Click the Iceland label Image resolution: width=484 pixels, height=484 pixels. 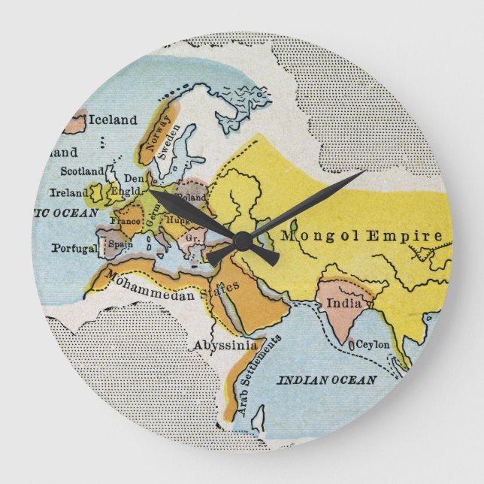[x=113, y=119]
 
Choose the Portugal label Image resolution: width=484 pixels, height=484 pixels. [x=74, y=248]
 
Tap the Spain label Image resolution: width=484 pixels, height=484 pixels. [x=121, y=244]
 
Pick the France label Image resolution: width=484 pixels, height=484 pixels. [x=126, y=222]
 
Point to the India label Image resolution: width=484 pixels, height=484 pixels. [x=339, y=304]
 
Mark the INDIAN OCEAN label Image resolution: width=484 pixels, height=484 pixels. [x=327, y=380]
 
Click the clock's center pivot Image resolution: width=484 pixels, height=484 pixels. [x=242, y=241]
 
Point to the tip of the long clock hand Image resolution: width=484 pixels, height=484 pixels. [x=365, y=172]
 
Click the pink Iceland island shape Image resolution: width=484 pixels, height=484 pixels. [x=74, y=123]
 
